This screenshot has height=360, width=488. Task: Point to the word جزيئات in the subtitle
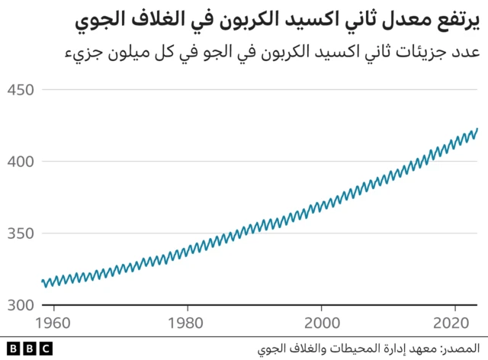[x=409, y=54]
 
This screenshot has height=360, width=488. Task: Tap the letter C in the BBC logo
[x=47, y=348]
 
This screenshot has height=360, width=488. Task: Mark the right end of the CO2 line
[x=477, y=130]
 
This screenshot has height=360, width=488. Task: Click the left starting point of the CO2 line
[x=42, y=281]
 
